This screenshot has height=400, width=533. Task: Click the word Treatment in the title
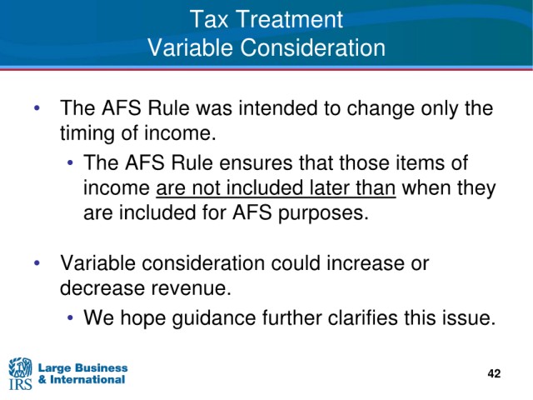click(x=289, y=19)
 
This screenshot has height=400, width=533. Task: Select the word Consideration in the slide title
click(x=313, y=47)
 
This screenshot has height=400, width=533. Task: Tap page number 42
click(x=494, y=373)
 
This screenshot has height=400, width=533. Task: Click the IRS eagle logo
click(x=20, y=373)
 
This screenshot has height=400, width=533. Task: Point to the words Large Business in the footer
click(x=83, y=367)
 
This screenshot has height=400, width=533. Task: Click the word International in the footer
click(x=87, y=379)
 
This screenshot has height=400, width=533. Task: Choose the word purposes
click(x=323, y=213)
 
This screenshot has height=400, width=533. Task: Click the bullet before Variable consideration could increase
click(x=37, y=263)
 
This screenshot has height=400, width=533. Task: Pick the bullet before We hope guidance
click(x=70, y=318)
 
